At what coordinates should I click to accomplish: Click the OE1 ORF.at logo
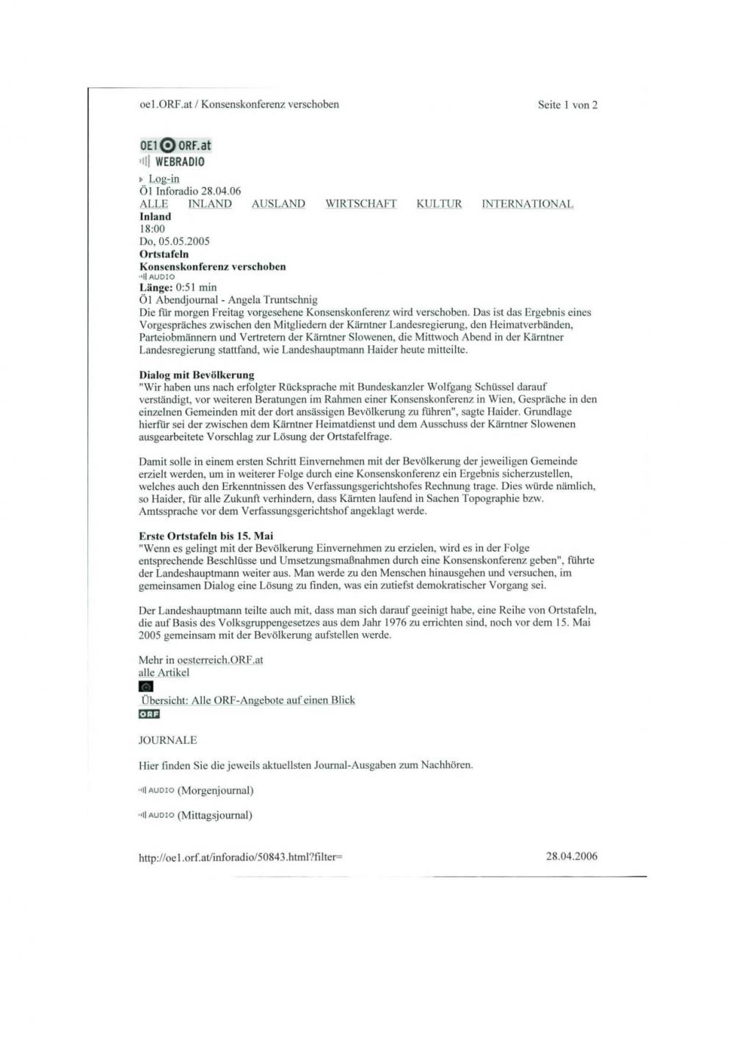(175, 145)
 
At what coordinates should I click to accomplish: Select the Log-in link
(164, 179)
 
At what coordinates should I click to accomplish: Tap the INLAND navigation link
(210, 204)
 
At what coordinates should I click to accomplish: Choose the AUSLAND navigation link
(278, 204)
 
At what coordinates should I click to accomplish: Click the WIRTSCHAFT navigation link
(361, 204)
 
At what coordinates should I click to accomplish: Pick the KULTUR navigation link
(439, 204)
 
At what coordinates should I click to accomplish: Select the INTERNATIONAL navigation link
(527, 204)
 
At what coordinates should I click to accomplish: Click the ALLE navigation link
(153, 204)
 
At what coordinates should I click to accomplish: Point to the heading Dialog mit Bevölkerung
(197, 375)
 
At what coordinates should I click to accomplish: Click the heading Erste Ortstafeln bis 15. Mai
(206, 536)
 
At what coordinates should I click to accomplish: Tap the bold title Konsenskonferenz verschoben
(213, 266)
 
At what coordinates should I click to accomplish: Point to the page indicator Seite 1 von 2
(567, 105)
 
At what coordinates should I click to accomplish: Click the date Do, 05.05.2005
(174, 241)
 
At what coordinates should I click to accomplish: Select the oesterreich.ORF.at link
(220, 659)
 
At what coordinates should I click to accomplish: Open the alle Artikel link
(164, 673)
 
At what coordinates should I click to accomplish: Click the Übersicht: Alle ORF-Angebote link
(248, 701)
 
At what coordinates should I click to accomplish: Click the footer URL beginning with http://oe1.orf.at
(241, 856)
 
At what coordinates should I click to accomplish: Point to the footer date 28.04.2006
(572, 855)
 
